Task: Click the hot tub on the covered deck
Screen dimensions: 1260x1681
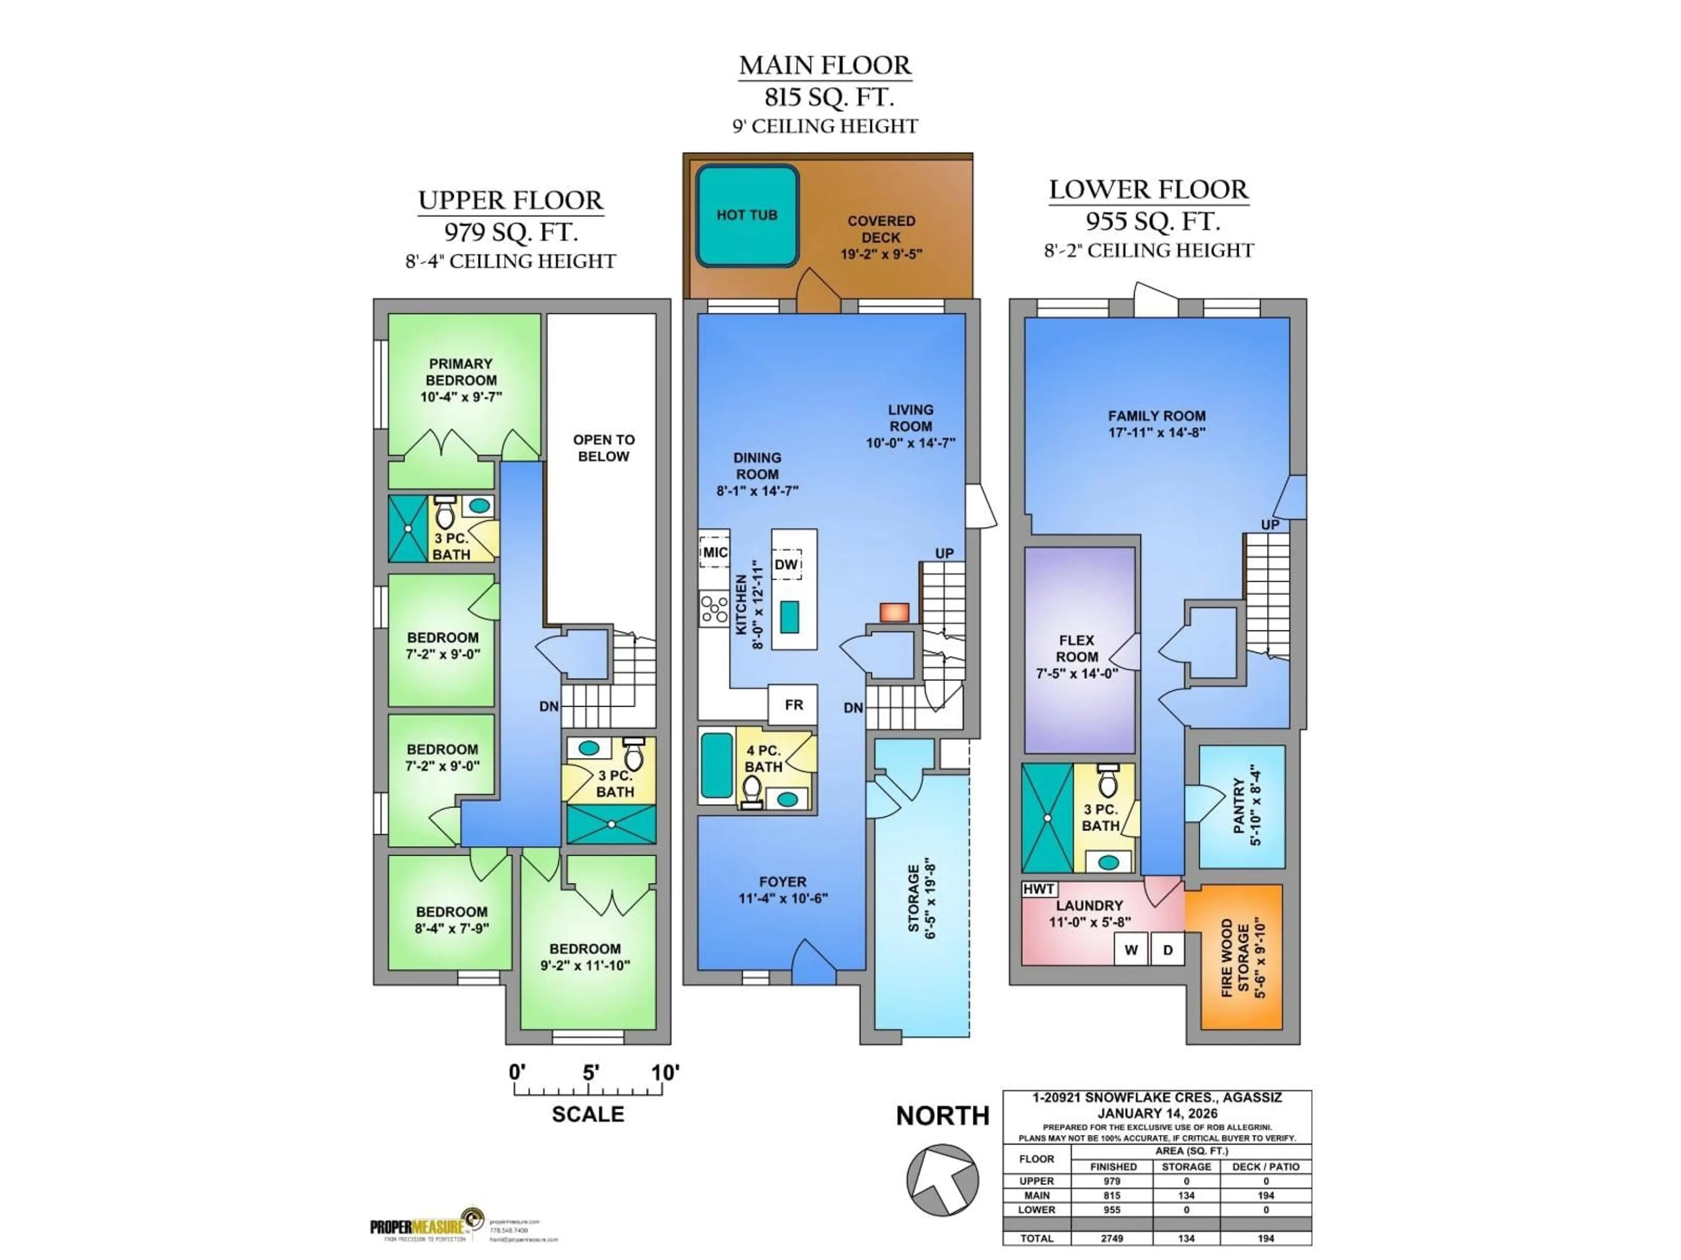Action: click(747, 216)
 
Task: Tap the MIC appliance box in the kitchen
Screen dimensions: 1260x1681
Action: click(714, 552)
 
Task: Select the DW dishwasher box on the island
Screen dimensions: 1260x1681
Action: click(787, 564)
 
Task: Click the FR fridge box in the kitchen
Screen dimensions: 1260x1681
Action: click(793, 705)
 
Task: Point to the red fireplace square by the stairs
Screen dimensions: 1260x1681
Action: click(894, 612)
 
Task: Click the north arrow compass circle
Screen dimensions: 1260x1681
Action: click(942, 1179)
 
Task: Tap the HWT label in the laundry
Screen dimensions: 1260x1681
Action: click(1038, 889)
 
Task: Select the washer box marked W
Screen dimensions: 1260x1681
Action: click(1131, 949)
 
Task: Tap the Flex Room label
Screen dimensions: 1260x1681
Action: click(1077, 656)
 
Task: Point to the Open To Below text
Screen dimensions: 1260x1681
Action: click(603, 448)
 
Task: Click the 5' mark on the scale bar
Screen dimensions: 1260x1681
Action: click(591, 1072)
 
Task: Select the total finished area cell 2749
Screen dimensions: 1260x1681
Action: click(1112, 1238)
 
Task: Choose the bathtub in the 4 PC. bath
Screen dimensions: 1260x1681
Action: click(716, 766)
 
